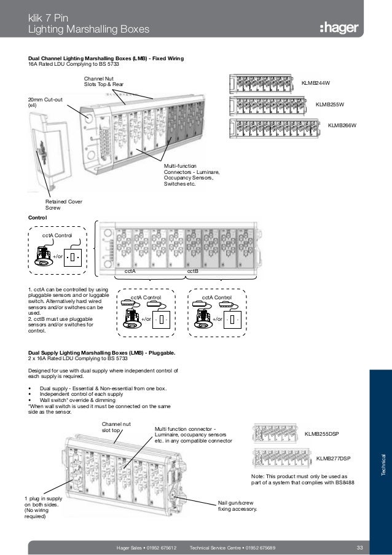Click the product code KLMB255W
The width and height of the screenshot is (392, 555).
point(330,104)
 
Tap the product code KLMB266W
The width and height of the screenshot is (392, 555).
point(342,126)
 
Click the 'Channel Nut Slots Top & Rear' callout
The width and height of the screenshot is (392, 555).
point(104,82)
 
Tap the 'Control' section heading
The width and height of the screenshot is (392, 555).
point(37,217)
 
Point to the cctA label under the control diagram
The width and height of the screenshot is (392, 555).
point(130,270)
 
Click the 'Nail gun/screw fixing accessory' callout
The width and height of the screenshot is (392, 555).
point(238,506)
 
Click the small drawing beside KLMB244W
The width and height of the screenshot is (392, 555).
point(262,82)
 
